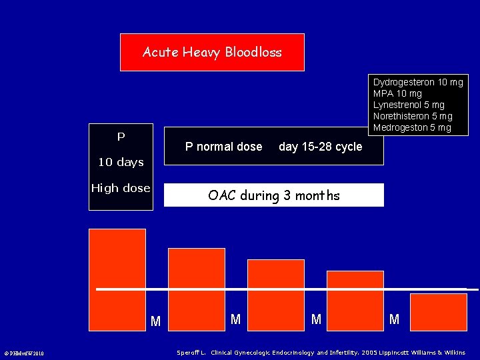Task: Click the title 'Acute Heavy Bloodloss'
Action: pyautogui.click(x=212, y=52)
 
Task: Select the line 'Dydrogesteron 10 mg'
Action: pyautogui.click(x=417, y=82)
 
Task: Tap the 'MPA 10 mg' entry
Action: pyautogui.click(x=397, y=93)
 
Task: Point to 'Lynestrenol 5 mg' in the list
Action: pyautogui.click(x=408, y=105)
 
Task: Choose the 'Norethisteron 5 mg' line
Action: pyautogui.click(x=412, y=116)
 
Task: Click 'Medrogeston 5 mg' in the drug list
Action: pyautogui.click(x=411, y=127)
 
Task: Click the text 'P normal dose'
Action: pyautogui.click(x=223, y=147)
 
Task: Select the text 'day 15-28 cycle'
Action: pyautogui.click(x=320, y=147)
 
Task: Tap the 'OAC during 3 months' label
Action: pyautogui.click(x=273, y=195)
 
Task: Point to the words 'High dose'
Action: pyautogui.click(x=121, y=188)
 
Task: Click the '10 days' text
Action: pyautogui.click(x=121, y=162)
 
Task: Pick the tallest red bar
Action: pyautogui.click(x=117, y=279)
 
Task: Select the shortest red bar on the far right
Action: pyautogui.click(x=438, y=311)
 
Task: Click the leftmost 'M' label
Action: pyautogui.click(x=155, y=322)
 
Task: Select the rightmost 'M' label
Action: pyautogui.click(x=394, y=320)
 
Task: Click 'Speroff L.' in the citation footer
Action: pyautogui.click(x=191, y=352)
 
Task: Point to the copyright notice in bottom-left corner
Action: pyautogui.click(x=24, y=353)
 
